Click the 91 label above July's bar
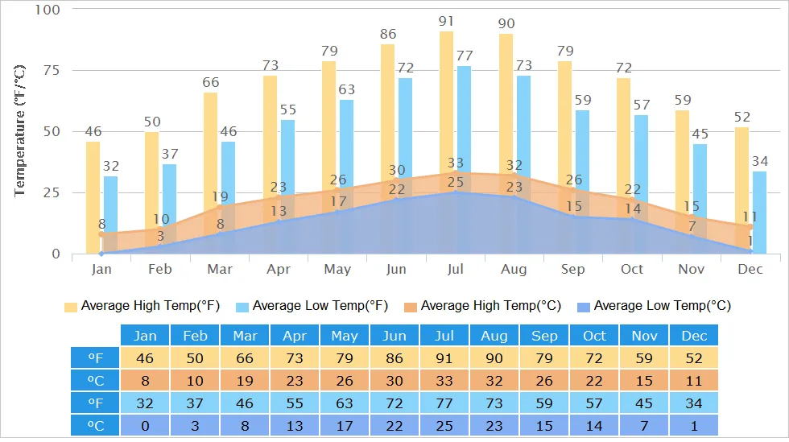pyautogui.click(x=446, y=20)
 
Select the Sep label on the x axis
pyautogui.click(x=573, y=269)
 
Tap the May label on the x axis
pyautogui.click(x=337, y=269)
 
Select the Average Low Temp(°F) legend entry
pyautogui.click(x=311, y=306)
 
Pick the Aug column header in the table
pyautogui.click(x=494, y=336)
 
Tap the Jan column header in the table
pyautogui.click(x=145, y=336)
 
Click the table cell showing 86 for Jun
pyautogui.click(x=394, y=357)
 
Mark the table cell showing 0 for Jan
pyautogui.click(x=145, y=424)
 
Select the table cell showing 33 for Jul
pyautogui.click(x=444, y=380)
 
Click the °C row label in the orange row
pyautogui.click(x=94, y=380)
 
